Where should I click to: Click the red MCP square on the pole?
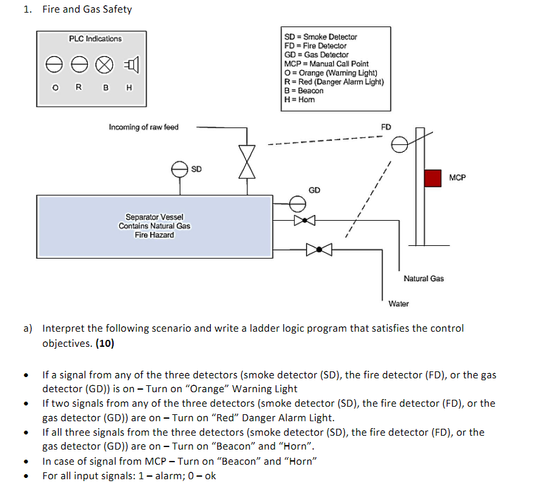(x=432, y=178)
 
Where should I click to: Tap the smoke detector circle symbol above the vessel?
(x=179, y=168)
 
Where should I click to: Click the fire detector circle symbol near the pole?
(x=400, y=146)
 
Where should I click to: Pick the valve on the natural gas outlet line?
(x=304, y=220)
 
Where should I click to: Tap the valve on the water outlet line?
(x=319, y=250)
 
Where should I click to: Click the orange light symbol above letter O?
(x=54, y=64)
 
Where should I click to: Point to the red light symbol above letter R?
(x=79, y=64)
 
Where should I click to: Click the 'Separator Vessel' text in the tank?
(x=154, y=217)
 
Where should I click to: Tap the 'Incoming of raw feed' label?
(x=143, y=127)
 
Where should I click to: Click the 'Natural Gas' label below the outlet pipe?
(x=423, y=278)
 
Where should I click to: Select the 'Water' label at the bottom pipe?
(x=398, y=303)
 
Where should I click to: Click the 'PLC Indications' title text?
(x=95, y=39)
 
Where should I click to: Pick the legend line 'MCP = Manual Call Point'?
(x=326, y=64)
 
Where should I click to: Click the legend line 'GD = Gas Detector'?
(x=316, y=55)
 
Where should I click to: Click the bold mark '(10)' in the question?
(x=104, y=344)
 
